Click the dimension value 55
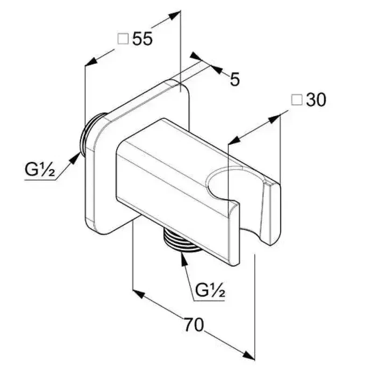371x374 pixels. click(143, 39)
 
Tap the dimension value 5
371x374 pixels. click(235, 79)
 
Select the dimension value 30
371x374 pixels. click(316, 100)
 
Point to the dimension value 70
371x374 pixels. click(194, 324)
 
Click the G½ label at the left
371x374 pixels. click(40, 170)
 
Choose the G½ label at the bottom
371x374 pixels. click(210, 290)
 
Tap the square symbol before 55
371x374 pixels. click(123, 39)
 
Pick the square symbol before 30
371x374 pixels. click(297, 100)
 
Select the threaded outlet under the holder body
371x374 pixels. click(181, 240)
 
